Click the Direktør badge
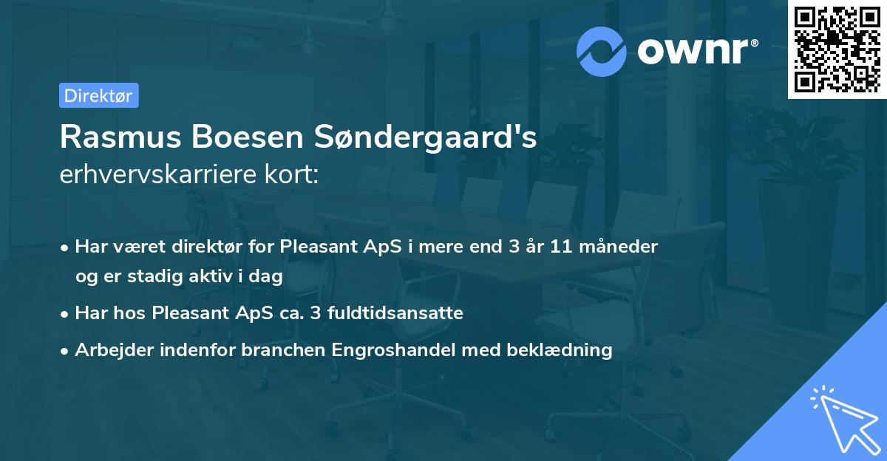pyautogui.click(x=98, y=95)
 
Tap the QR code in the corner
pyautogui.click(x=837, y=49)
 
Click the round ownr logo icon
pyautogui.click(x=602, y=52)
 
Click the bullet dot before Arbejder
pyautogui.click(x=66, y=351)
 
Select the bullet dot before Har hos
pyautogui.click(x=66, y=314)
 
